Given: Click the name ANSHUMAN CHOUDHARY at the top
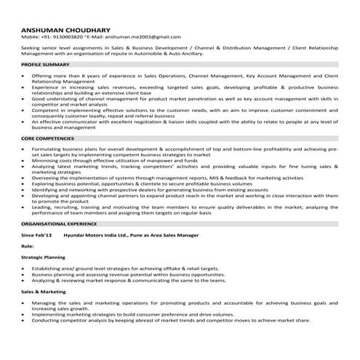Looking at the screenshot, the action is [x=65, y=28].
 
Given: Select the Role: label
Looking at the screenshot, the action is [x=29, y=247].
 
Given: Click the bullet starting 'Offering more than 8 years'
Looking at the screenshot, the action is [x=182, y=76].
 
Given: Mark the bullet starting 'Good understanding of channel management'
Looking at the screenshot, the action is [x=182, y=97].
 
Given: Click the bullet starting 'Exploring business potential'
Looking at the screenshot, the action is [x=145, y=184].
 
